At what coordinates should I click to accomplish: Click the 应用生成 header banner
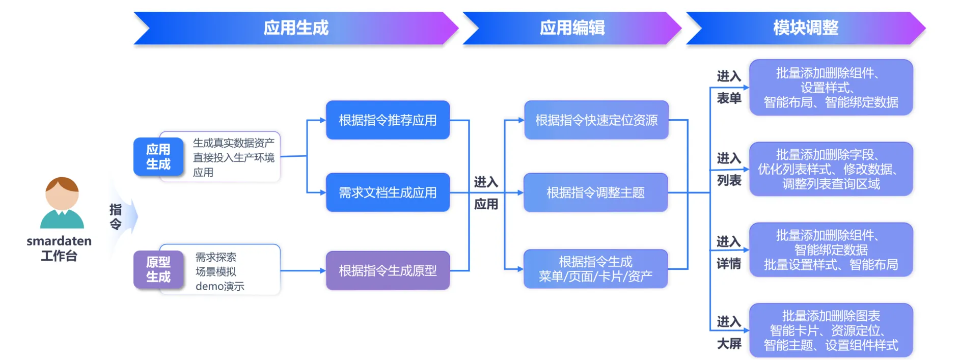click(296, 28)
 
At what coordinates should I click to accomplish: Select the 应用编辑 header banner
click(572, 28)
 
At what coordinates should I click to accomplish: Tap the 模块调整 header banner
click(805, 28)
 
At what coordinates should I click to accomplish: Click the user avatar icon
click(62, 203)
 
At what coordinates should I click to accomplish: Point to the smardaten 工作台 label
click(59, 248)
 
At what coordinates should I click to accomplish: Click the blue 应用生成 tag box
click(158, 157)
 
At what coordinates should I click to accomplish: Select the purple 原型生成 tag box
click(158, 269)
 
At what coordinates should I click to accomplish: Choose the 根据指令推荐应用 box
click(388, 120)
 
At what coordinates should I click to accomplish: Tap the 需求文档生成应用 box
click(388, 192)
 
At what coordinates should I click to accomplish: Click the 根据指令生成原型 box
click(388, 270)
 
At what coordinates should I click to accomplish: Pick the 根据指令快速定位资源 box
click(596, 120)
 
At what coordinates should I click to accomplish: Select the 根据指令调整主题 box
click(595, 192)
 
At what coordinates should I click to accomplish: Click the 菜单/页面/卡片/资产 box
click(595, 269)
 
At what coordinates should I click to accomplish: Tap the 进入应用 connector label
click(486, 193)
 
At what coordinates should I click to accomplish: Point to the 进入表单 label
click(729, 87)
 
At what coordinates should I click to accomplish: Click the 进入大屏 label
click(729, 333)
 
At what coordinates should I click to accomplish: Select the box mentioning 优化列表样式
click(831, 169)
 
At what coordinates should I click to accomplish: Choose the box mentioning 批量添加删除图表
click(831, 330)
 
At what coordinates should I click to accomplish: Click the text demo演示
click(220, 286)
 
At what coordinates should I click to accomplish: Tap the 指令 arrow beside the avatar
click(120, 217)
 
